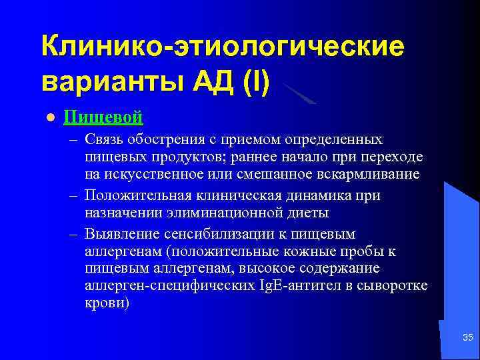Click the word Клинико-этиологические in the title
click(x=222, y=47)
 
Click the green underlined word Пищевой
click(x=103, y=117)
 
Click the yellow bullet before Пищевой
click(x=49, y=118)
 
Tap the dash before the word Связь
click(x=73, y=141)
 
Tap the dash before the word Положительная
click(x=73, y=197)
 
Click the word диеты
click(x=311, y=213)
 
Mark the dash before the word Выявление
click(x=73, y=235)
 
